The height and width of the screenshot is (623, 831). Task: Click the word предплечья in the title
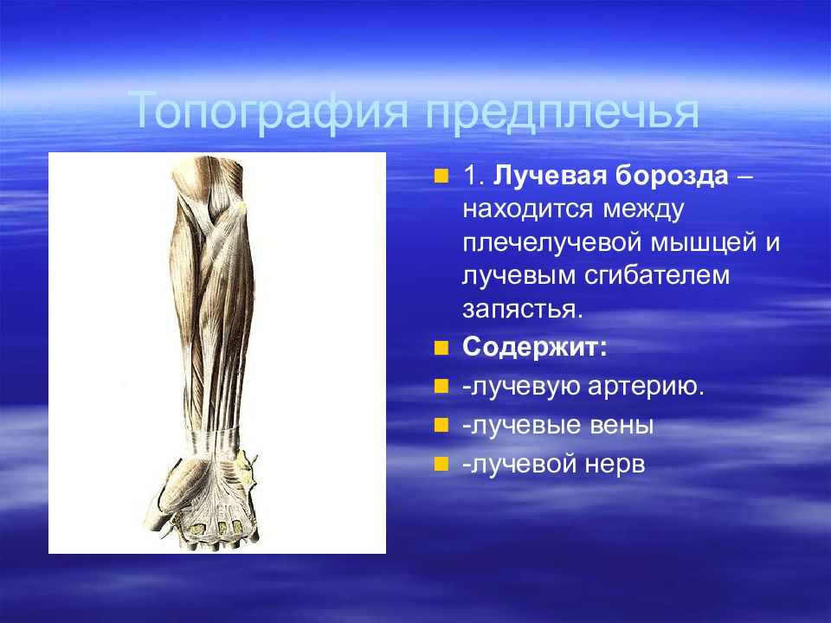click(x=563, y=112)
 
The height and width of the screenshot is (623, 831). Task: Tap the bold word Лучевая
click(x=551, y=177)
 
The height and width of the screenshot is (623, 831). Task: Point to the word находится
click(x=527, y=209)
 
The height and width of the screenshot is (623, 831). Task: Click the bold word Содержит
click(x=534, y=348)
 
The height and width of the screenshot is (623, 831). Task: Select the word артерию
click(x=646, y=387)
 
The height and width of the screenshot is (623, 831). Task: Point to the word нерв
click(x=615, y=464)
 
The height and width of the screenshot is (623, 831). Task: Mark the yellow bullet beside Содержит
click(x=441, y=348)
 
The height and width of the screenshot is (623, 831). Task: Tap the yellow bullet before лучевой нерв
click(x=441, y=464)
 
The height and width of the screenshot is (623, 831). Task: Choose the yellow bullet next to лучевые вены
click(x=441, y=426)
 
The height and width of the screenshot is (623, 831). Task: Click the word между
click(x=643, y=209)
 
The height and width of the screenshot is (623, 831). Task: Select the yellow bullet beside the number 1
click(x=441, y=177)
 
